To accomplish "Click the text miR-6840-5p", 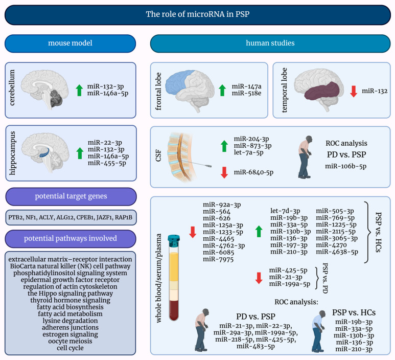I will pyautogui.click(x=253, y=172).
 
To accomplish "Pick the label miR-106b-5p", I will pyautogui.click(x=346, y=166).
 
